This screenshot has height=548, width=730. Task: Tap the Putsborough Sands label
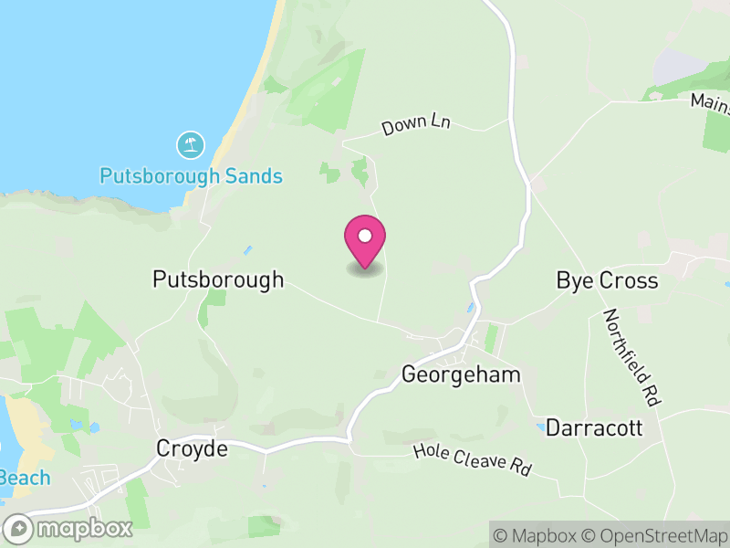coord(191,175)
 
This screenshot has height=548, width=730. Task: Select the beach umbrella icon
coord(191,144)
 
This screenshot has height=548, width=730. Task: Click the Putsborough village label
coord(218,279)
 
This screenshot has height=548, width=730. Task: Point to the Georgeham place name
coord(461,374)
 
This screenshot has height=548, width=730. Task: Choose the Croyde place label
coord(192,448)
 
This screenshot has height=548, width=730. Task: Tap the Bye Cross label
coord(607,280)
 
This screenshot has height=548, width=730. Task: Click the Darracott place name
coord(594,427)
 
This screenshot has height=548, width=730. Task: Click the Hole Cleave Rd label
coord(472,459)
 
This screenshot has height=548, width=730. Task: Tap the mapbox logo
coord(68,528)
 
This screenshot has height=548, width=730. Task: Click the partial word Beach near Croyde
coord(25,478)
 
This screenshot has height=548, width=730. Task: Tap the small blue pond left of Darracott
coord(541,427)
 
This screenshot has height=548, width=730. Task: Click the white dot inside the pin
coord(365,236)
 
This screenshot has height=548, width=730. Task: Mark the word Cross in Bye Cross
coord(628,280)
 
